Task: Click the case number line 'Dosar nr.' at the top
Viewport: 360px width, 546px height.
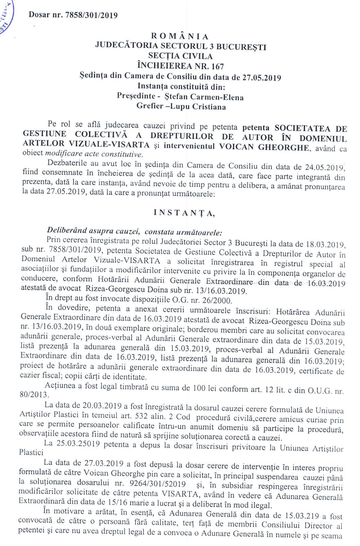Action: click(x=73, y=15)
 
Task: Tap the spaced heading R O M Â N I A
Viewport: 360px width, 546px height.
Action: click(x=180, y=36)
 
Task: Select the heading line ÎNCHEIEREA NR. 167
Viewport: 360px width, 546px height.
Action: click(x=180, y=66)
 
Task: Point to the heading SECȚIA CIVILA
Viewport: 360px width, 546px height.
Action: click(x=180, y=56)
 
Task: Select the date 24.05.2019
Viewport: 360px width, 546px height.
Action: click(x=324, y=167)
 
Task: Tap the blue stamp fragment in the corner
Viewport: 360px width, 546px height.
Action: click(x=6, y=17)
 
